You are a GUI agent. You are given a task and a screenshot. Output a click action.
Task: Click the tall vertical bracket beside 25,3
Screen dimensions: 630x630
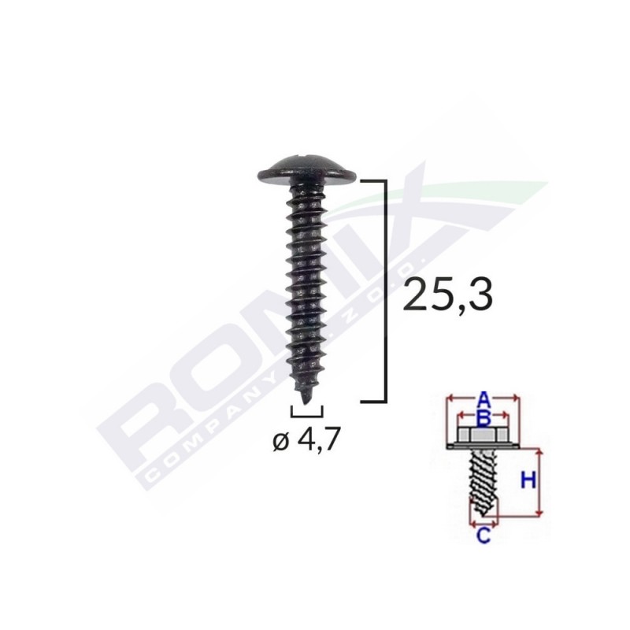click(x=384, y=291)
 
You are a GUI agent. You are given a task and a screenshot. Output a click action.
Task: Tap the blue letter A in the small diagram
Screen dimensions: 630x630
click(x=484, y=398)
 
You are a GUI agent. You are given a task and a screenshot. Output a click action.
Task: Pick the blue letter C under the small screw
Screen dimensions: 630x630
click(x=484, y=537)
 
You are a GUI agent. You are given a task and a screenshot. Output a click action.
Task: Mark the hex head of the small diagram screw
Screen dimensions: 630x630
click(x=484, y=435)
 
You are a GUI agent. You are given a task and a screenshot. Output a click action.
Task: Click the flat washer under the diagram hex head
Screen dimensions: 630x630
click(x=484, y=447)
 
